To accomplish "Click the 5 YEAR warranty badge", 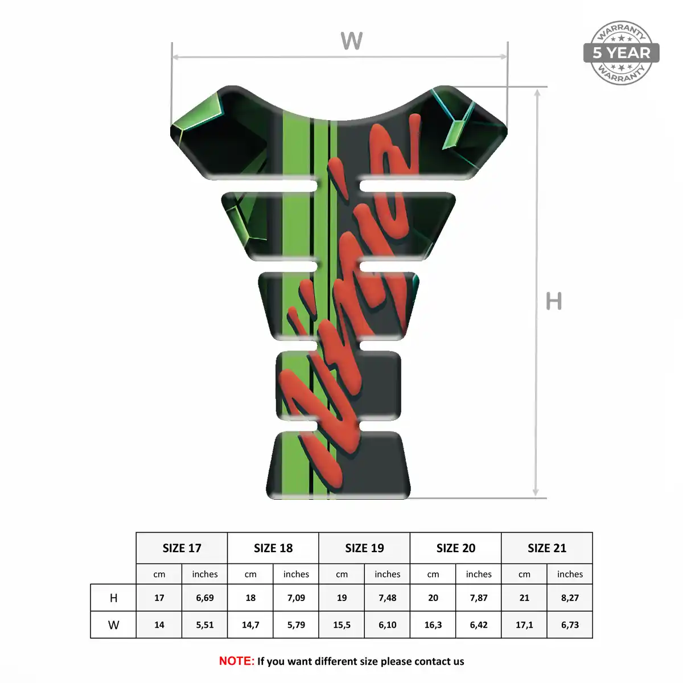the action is click(621, 53).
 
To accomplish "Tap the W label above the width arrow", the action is click(352, 41).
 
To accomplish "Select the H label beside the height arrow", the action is click(554, 301).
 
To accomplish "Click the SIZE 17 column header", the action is click(182, 548).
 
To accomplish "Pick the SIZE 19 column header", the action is click(364, 548).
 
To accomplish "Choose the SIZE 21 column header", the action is click(547, 548).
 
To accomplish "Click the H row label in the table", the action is click(113, 598).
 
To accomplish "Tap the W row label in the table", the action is click(113, 625).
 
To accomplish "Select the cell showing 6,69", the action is click(205, 598).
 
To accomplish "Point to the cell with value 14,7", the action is click(250, 625).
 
